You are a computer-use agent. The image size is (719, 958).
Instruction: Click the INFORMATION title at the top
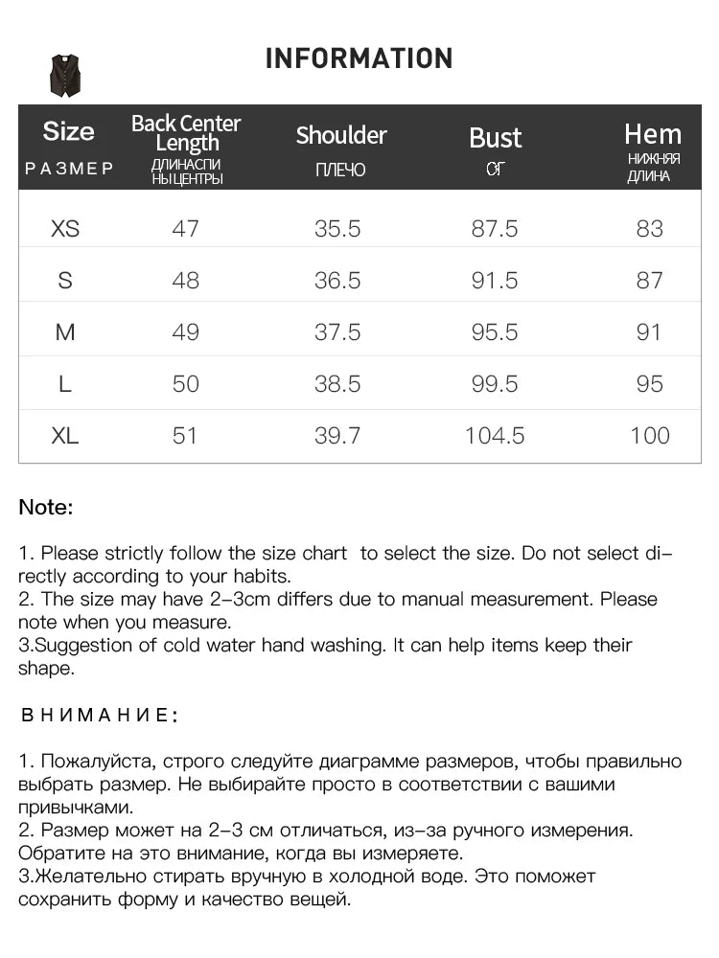point(359,58)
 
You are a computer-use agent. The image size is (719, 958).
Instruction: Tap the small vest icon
point(66,76)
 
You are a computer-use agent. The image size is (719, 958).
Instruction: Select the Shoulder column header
point(341,135)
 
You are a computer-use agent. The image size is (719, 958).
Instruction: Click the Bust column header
point(495,138)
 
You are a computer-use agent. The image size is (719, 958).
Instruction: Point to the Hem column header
point(653,134)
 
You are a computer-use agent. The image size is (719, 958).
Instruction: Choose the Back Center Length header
point(186,133)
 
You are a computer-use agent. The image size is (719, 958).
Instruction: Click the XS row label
point(65,229)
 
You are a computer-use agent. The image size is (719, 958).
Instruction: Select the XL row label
point(65,436)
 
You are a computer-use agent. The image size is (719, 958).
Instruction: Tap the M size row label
point(65,332)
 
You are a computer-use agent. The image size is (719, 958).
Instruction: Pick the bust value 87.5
point(495,229)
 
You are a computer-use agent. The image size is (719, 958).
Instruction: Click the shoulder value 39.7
point(337,436)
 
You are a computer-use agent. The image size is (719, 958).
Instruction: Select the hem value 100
point(650,436)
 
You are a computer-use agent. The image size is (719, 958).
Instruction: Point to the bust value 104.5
point(495,436)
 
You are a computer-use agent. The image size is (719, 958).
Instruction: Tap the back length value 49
point(185,332)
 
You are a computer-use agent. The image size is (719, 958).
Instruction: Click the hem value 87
point(650,281)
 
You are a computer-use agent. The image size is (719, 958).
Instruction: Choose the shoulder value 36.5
point(337,281)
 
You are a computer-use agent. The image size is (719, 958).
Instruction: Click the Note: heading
point(46,508)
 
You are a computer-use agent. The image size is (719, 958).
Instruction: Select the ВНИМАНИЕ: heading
point(100,716)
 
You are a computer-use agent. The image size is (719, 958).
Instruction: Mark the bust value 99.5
point(495,384)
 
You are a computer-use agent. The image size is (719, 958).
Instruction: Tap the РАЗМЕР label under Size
point(69,170)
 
